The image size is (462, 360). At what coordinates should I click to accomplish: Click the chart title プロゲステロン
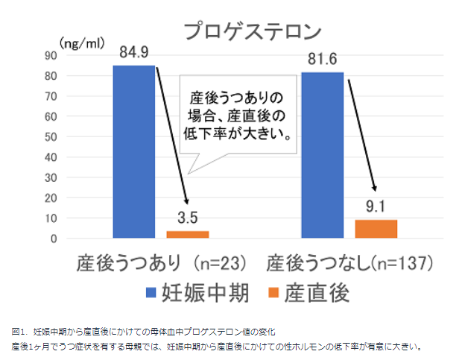[254, 31]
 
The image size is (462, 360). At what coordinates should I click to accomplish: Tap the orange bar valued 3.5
[187, 235]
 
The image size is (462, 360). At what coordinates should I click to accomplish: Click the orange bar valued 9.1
[376, 229]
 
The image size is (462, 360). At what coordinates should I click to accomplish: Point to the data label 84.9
[134, 53]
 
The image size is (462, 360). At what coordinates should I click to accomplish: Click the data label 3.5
[188, 220]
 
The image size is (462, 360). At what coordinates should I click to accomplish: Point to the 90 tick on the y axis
[51, 55]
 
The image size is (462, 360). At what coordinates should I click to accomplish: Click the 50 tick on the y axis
[51, 137]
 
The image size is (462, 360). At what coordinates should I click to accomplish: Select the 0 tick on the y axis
[54, 239]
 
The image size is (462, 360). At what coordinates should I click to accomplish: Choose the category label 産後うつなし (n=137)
[350, 264]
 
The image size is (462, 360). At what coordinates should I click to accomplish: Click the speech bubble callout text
[236, 116]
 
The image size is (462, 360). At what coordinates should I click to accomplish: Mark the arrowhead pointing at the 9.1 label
[375, 190]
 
